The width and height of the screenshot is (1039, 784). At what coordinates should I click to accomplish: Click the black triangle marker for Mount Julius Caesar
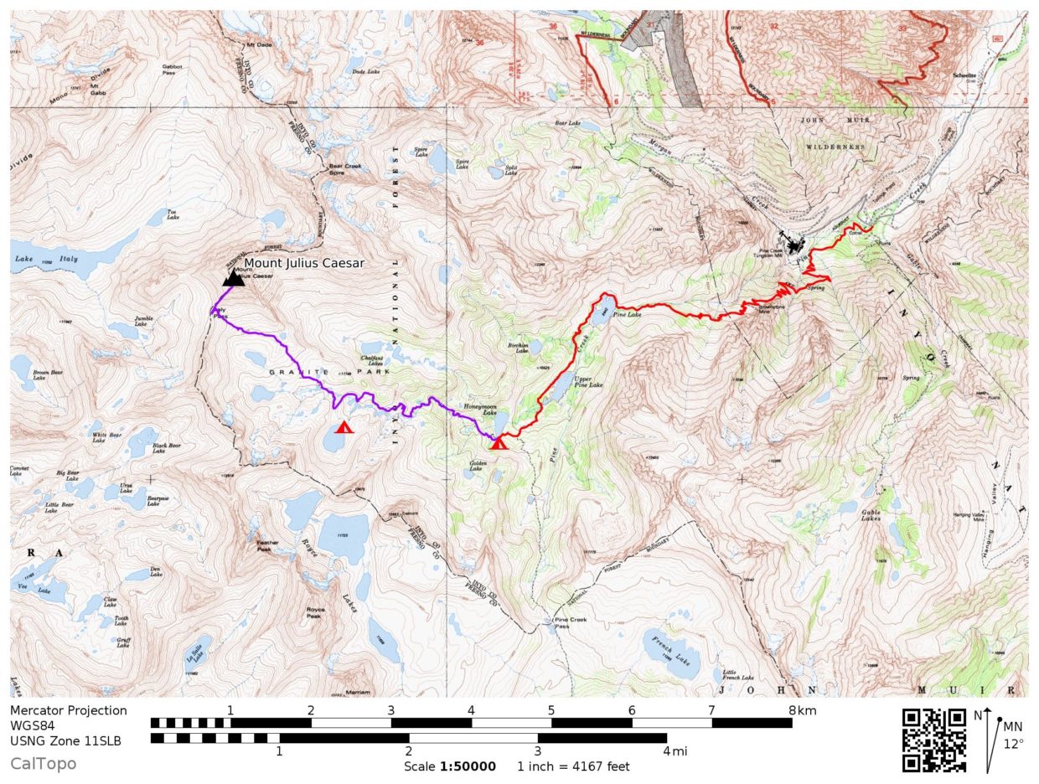pos(234,278)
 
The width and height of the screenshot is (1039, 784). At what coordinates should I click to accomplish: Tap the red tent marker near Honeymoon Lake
pos(499,442)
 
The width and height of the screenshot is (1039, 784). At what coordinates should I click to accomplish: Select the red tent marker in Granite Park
pos(344,427)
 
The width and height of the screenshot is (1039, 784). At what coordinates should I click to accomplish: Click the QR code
pos(933,740)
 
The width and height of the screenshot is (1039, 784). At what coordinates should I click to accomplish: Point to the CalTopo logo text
pos(44,763)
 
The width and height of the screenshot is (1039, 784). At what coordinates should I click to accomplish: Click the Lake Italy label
pos(45,260)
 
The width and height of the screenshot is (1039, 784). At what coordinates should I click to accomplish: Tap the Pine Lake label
pos(627,314)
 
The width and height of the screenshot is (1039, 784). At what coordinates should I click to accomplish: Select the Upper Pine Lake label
pos(587,381)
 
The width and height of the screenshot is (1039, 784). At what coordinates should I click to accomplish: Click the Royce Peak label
pos(315,612)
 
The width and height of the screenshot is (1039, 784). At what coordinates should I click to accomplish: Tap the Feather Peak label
pos(263,546)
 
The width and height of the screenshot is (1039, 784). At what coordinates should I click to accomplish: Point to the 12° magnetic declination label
pos(1013,743)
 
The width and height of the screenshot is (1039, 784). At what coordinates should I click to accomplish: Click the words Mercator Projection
pos(69,710)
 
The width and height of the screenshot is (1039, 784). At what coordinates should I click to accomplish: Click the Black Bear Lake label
pos(166,448)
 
